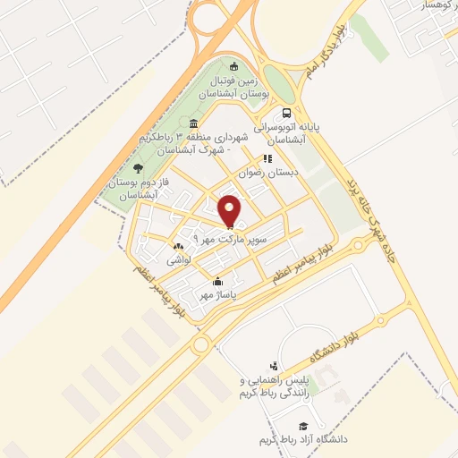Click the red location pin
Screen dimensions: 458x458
(231, 211)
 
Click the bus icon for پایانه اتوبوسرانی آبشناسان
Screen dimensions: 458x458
(286, 114)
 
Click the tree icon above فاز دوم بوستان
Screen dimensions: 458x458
(136, 167)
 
